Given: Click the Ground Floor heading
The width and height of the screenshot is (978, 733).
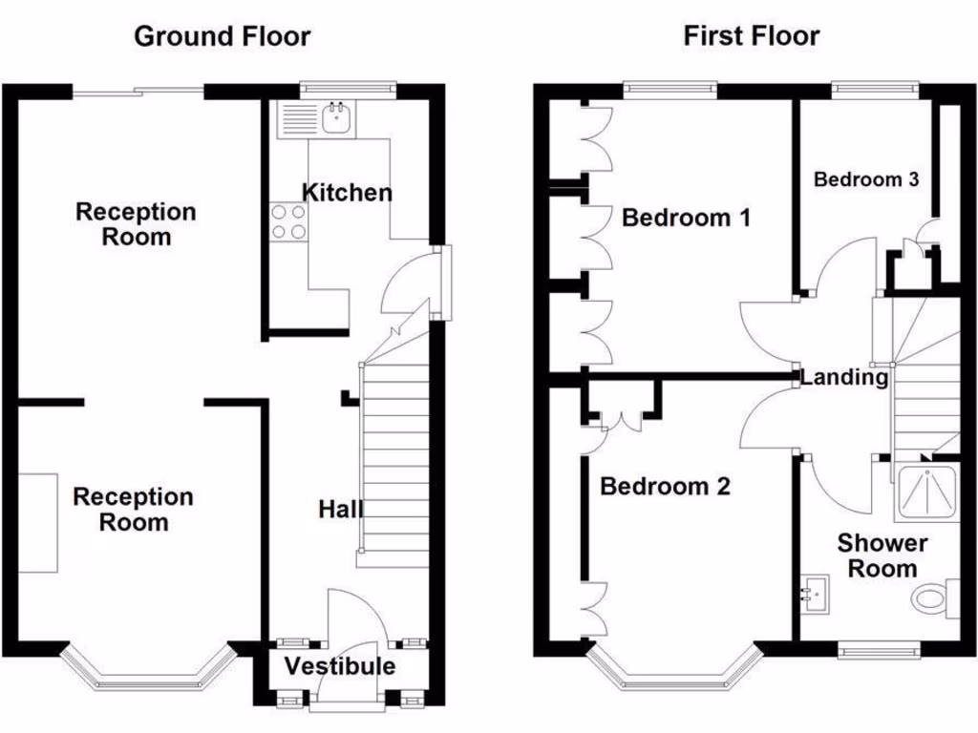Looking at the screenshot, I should tap(222, 36).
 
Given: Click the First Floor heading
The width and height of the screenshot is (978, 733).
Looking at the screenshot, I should tap(751, 36).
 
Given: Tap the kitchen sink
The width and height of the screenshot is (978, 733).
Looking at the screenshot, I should tap(335, 119).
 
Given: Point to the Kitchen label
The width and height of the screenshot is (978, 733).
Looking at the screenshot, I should tap(347, 192).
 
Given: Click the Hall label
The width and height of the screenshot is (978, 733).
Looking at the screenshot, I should tap(340, 510).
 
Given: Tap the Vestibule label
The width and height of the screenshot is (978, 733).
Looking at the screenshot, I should tap(340, 666).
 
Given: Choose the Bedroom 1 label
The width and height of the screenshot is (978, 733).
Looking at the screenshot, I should tap(686, 218).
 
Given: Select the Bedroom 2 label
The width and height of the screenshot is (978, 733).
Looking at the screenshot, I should tap(665, 486).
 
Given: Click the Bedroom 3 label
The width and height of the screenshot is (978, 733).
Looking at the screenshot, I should tap(866, 178).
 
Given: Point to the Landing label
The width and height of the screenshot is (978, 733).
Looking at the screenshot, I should tap(843, 377).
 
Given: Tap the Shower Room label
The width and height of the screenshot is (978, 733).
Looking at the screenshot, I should tap(882, 555).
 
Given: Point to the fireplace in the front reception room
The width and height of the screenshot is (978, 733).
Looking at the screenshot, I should tap(37, 522).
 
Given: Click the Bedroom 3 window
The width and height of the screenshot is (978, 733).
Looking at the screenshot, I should tap(876, 90).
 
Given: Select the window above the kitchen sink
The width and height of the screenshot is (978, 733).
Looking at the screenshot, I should tap(347, 90).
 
